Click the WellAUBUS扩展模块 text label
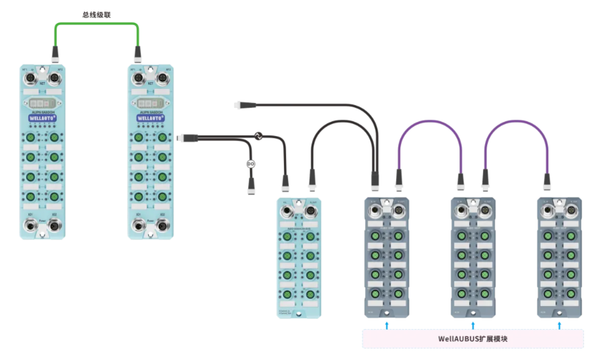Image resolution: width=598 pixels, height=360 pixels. point(473,338)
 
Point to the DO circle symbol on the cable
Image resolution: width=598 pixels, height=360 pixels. point(251,164)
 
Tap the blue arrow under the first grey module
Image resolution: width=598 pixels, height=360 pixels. point(387,326)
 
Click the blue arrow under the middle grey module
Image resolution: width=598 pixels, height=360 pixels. point(473,326)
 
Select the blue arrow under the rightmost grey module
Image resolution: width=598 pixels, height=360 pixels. point(560,326)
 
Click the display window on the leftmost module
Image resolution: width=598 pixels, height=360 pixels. point(42,104)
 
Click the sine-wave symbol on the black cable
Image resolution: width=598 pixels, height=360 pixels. point(257,137)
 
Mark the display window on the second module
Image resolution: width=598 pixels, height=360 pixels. point(150,104)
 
